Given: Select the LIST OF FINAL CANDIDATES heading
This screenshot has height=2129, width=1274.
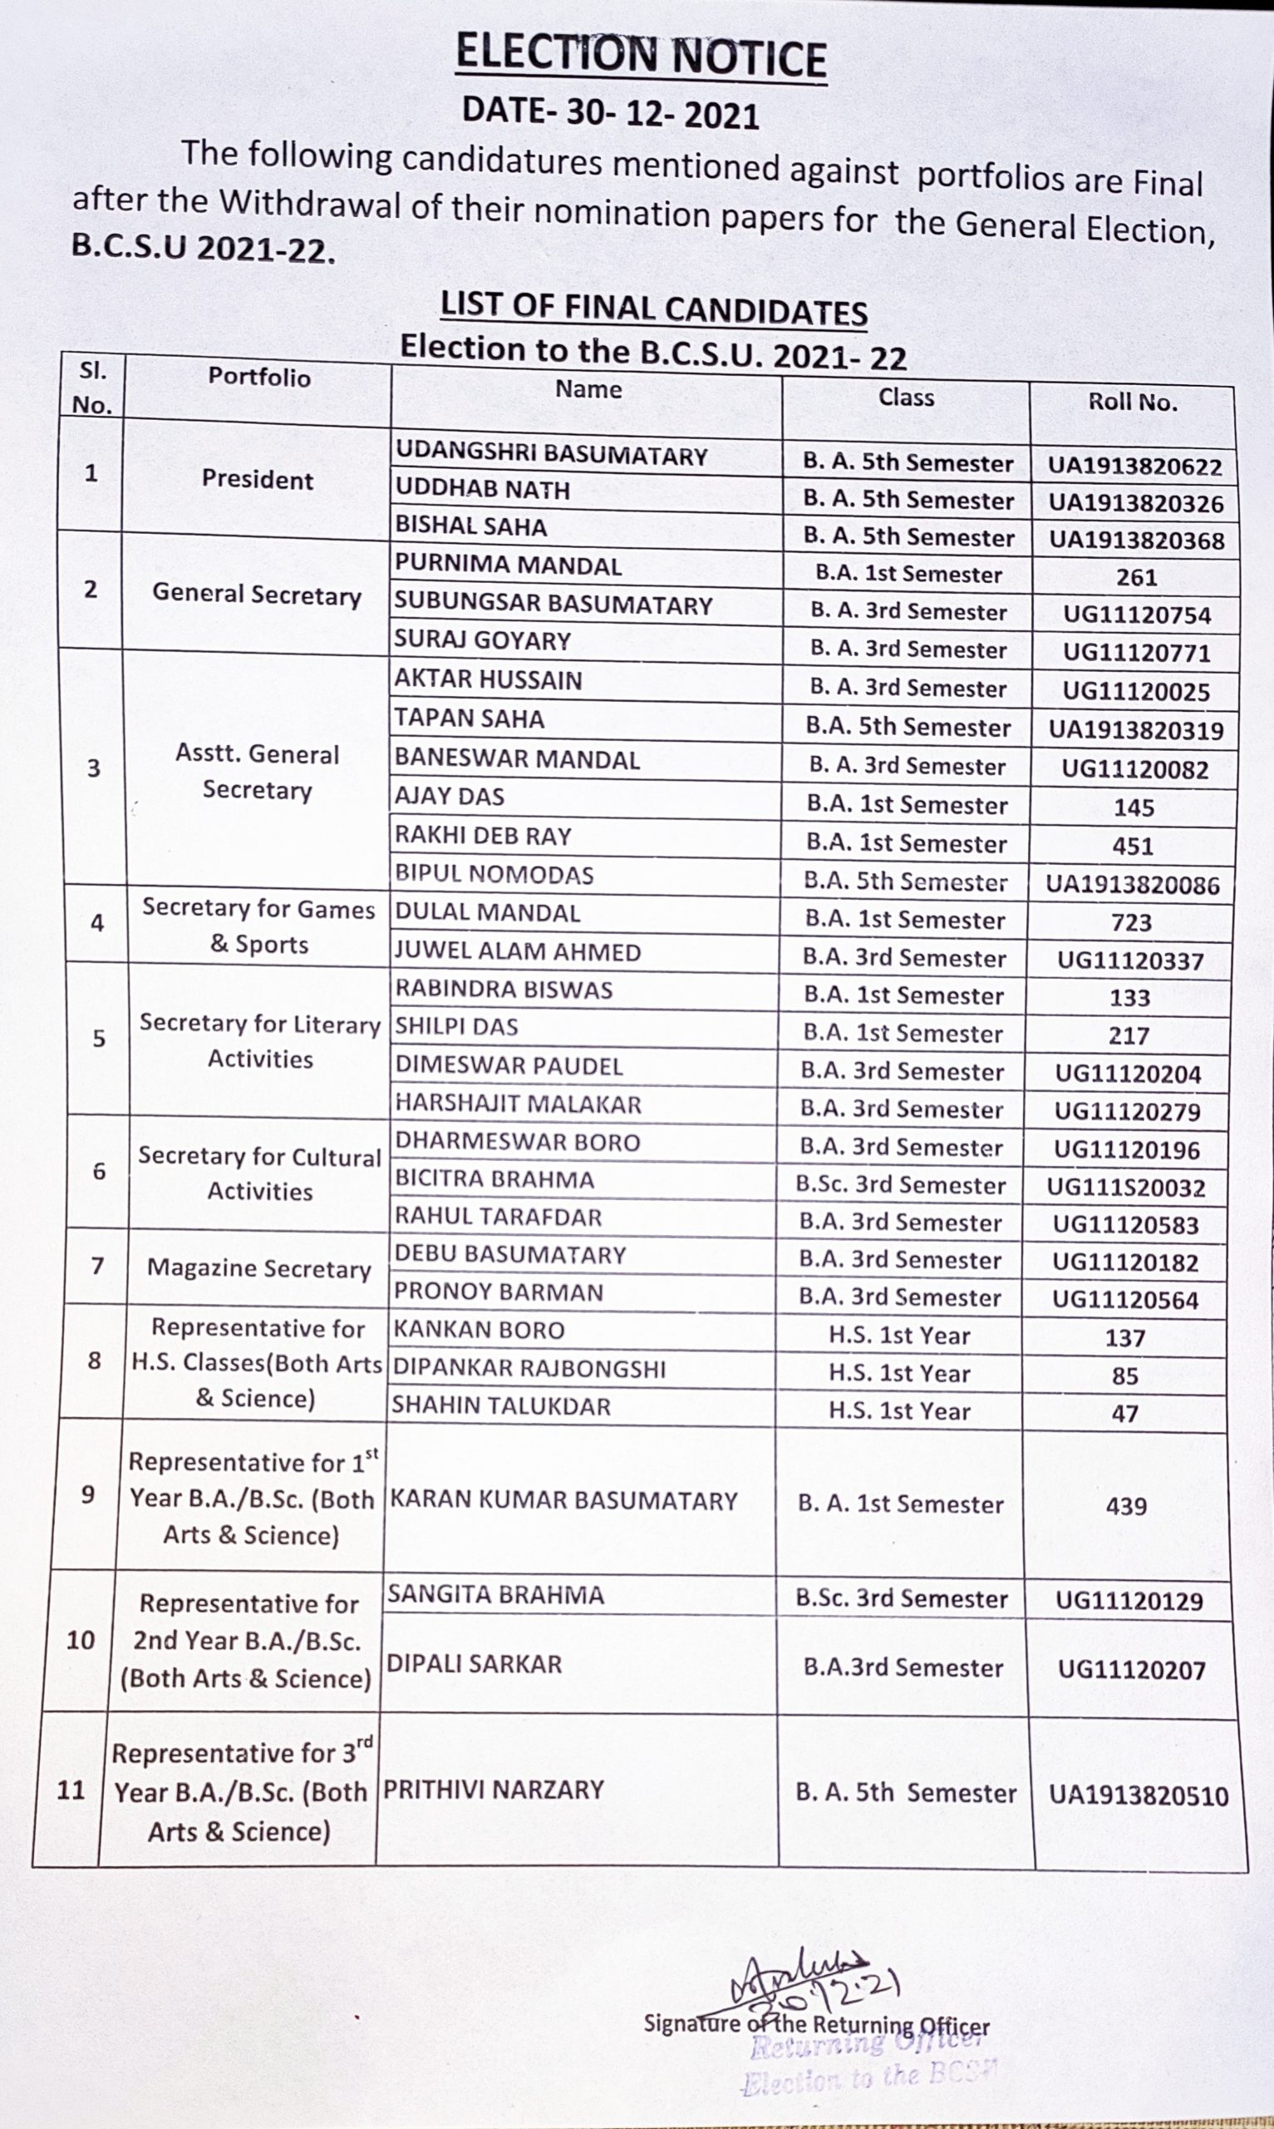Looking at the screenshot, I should [653, 309].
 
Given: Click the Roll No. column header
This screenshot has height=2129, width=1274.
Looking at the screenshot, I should [1133, 402].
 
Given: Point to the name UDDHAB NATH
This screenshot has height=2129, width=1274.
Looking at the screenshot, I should [483, 490].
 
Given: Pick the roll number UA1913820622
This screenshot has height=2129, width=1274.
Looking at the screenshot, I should [1134, 467].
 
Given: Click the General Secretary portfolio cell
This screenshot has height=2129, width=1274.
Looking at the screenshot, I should [257, 595].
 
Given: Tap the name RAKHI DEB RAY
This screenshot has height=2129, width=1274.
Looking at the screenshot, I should [483, 836].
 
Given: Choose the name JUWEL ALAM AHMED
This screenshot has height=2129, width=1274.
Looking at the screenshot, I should [518, 951].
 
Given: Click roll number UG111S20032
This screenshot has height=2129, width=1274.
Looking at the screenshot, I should [1125, 1188].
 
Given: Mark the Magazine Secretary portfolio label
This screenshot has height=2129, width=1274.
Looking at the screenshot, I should [258, 1268].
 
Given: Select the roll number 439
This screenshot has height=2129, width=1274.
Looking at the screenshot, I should [1126, 1505].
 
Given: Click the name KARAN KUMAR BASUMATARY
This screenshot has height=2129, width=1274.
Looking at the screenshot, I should [564, 1500].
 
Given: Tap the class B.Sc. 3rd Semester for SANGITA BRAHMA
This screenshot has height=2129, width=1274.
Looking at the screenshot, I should [901, 1598].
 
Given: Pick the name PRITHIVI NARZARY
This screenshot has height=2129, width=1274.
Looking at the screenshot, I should [493, 1790].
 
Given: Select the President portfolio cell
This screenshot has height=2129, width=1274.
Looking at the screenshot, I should [257, 479].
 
